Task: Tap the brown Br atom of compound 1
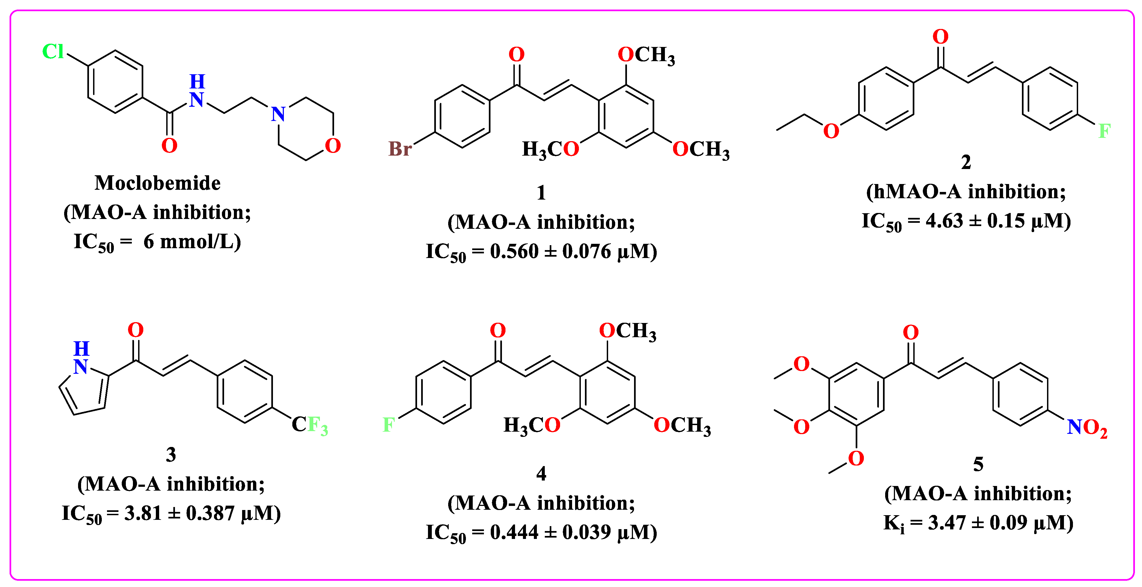(x=400, y=149)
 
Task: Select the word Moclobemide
(x=157, y=183)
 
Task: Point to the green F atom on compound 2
(x=1104, y=131)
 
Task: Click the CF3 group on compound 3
(x=310, y=425)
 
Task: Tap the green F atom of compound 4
(x=388, y=425)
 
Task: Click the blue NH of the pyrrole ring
(x=81, y=358)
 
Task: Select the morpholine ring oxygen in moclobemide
(x=332, y=146)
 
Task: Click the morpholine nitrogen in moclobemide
(x=278, y=114)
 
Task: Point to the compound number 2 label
(x=966, y=162)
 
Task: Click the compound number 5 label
(x=978, y=464)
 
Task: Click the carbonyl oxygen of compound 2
(x=940, y=37)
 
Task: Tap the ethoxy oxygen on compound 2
(x=831, y=131)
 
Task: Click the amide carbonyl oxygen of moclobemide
(x=169, y=146)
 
